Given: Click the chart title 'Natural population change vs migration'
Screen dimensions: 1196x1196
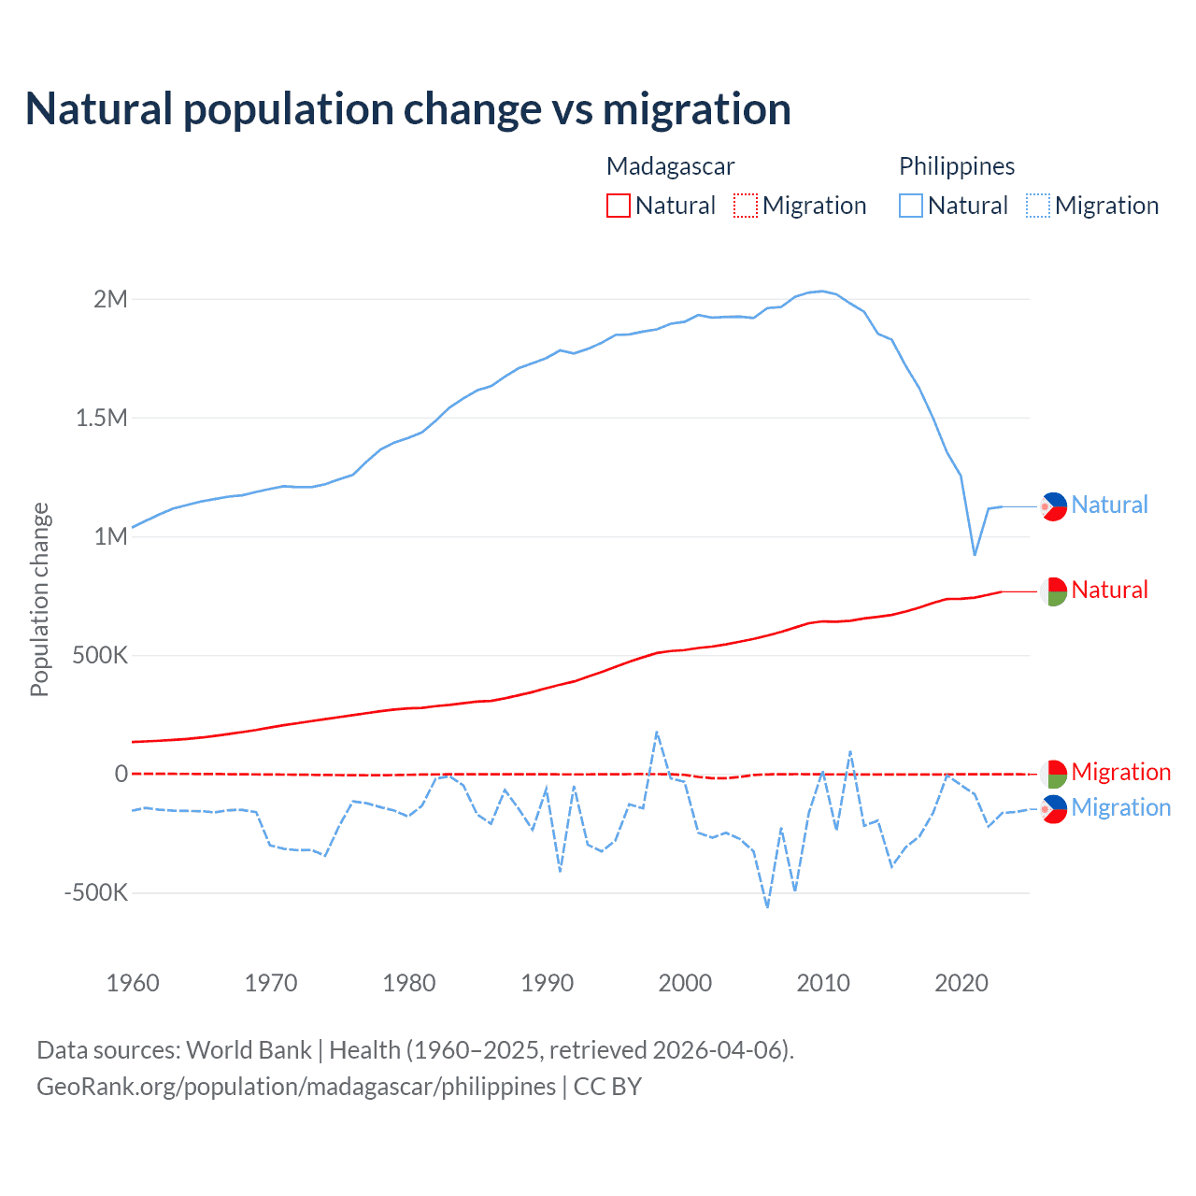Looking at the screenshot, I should point(407,109).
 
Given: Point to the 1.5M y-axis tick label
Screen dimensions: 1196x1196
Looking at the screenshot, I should point(101,418).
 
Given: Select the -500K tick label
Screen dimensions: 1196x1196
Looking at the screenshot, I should point(95,892).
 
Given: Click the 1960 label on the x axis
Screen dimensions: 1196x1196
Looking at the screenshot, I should point(133,983).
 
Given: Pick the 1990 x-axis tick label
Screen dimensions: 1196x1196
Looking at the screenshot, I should point(547,983).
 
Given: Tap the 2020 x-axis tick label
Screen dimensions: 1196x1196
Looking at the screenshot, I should point(961,983).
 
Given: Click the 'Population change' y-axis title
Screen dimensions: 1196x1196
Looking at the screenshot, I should point(39,599).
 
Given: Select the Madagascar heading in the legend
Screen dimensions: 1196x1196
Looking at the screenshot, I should point(670,166).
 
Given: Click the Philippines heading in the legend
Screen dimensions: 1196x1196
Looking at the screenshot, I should point(957,166).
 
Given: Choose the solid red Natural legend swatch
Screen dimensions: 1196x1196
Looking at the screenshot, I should point(619,206).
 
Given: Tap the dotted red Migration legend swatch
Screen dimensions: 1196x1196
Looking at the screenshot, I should point(746,206).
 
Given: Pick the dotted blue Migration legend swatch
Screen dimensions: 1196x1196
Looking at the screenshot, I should point(1038,206).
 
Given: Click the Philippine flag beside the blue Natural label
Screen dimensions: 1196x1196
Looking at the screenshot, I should point(1053,506).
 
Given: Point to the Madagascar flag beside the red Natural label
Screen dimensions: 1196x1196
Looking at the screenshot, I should point(1053,591).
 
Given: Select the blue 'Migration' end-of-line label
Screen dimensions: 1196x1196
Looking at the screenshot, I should point(1120,807).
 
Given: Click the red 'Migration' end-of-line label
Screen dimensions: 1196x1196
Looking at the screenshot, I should point(1120,772).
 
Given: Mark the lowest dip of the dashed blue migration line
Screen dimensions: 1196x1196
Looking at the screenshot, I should point(767,906).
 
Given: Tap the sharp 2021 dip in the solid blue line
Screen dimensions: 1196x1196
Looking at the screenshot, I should point(975,554).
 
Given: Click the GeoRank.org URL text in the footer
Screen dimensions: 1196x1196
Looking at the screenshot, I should point(296,1087).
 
